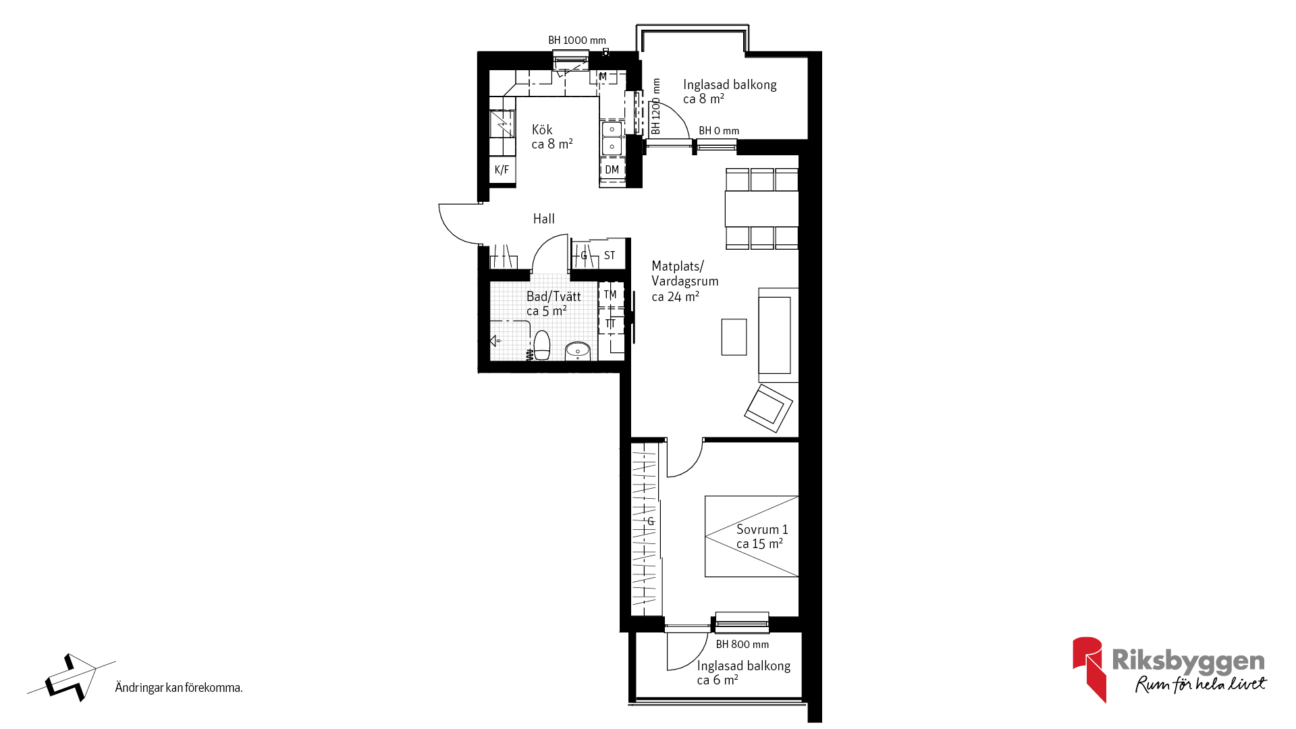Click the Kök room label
tap(542, 130)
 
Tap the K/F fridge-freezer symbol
tap(502, 170)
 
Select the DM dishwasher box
tap(612, 170)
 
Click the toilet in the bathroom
tap(541, 345)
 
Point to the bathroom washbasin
tap(578, 351)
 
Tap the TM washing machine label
tap(610, 294)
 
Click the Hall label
tap(544, 219)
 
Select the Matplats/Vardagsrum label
tap(685, 273)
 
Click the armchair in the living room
tap(769, 408)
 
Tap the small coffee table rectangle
tap(734, 337)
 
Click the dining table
tap(762, 209)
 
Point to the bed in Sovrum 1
tap(752, 537)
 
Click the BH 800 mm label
tap(742, 645)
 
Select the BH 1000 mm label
tap(577, 40)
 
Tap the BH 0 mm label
tap(719, 131)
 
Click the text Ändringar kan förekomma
tap(179, 688)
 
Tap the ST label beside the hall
tap(610, 256)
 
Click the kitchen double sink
tap(612, 138)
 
